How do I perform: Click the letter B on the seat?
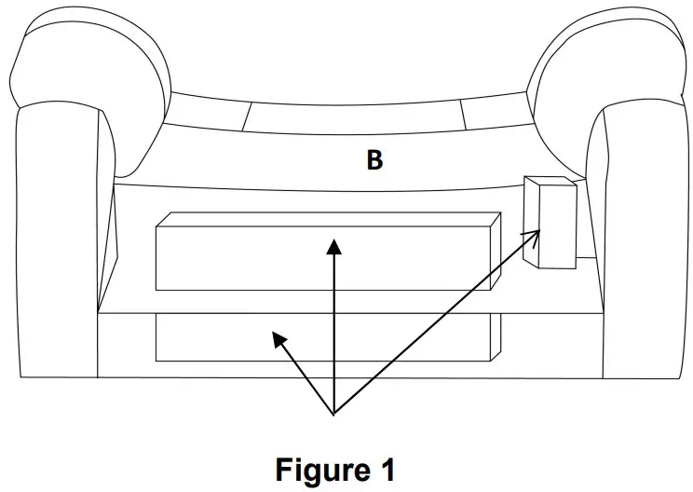pyautogui.click(x=374, y=160)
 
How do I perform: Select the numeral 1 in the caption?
pyautogui.click(x=387, y=469)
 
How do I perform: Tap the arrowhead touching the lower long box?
pyautogui.click(x=277, y=339)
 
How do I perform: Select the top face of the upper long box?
pyautogui.click(x=326, y=219)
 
